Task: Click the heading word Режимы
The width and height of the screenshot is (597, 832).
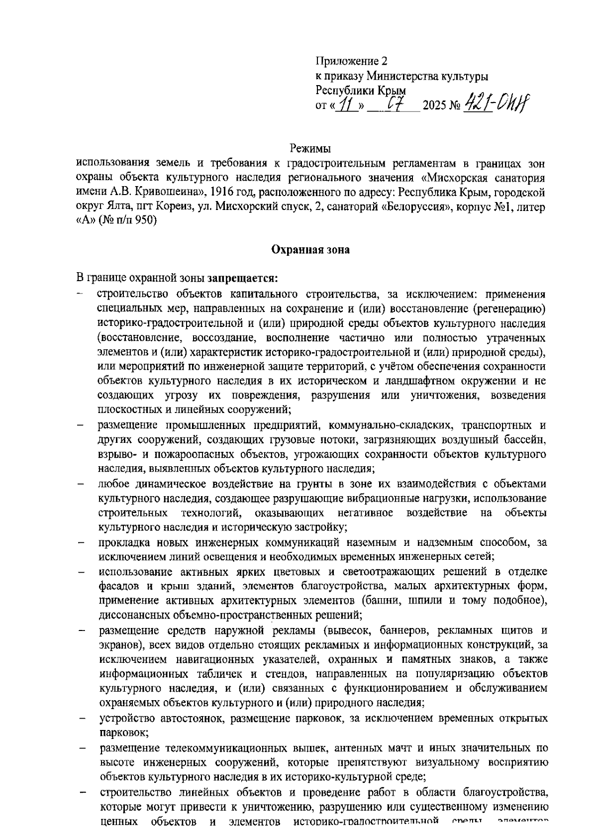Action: pos(310,148)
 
